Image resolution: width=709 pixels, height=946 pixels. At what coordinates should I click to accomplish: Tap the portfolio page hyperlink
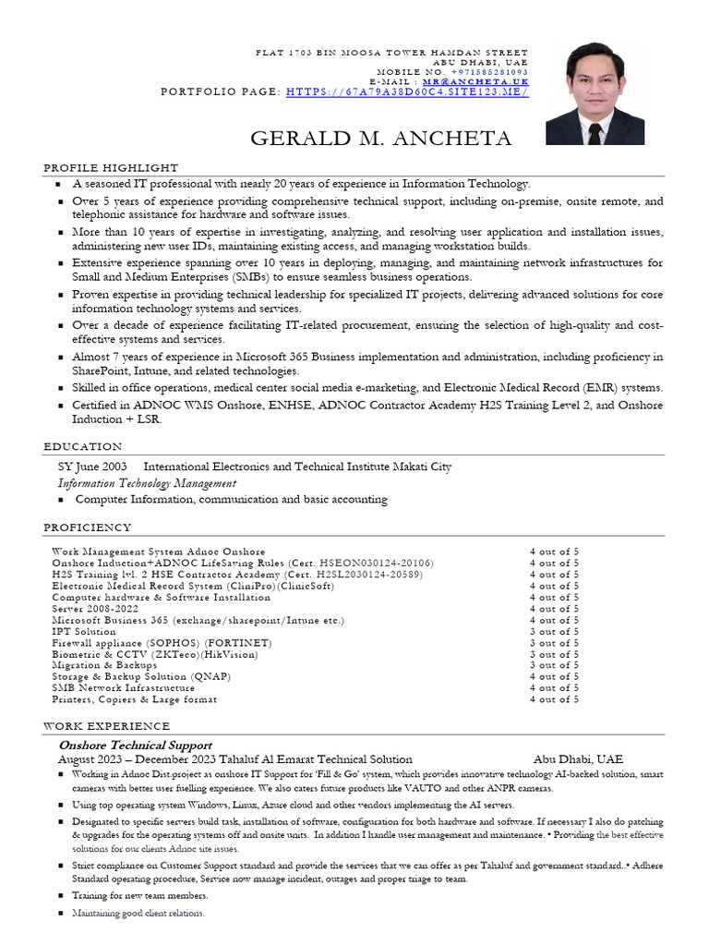pos(407,92)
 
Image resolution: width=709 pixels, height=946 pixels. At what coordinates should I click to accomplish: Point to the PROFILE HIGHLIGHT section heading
pos(112,167)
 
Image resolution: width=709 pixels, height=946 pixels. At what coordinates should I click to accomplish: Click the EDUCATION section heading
pos(83,446)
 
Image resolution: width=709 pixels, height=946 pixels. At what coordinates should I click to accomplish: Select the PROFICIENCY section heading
pos(88,528)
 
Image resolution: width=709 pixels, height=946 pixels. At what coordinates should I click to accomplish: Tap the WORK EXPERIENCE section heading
pos(107,726)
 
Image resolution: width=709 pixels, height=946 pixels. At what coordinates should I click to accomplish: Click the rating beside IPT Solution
pos(554,632)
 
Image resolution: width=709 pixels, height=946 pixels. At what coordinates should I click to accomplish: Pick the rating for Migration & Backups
pos(554,665)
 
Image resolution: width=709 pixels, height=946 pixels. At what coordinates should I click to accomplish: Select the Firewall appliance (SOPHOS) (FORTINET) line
pos(162,643)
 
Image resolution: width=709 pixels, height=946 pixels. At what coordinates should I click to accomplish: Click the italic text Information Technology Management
pos(147,483)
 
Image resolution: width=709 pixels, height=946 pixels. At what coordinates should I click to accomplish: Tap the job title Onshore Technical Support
pos(136,745)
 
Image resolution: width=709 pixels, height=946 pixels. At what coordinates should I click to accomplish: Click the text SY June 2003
pos(92,467)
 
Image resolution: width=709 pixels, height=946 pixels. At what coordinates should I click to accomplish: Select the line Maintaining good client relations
pos(138,913)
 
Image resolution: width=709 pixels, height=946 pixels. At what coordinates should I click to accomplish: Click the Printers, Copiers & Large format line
pos(135,699)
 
